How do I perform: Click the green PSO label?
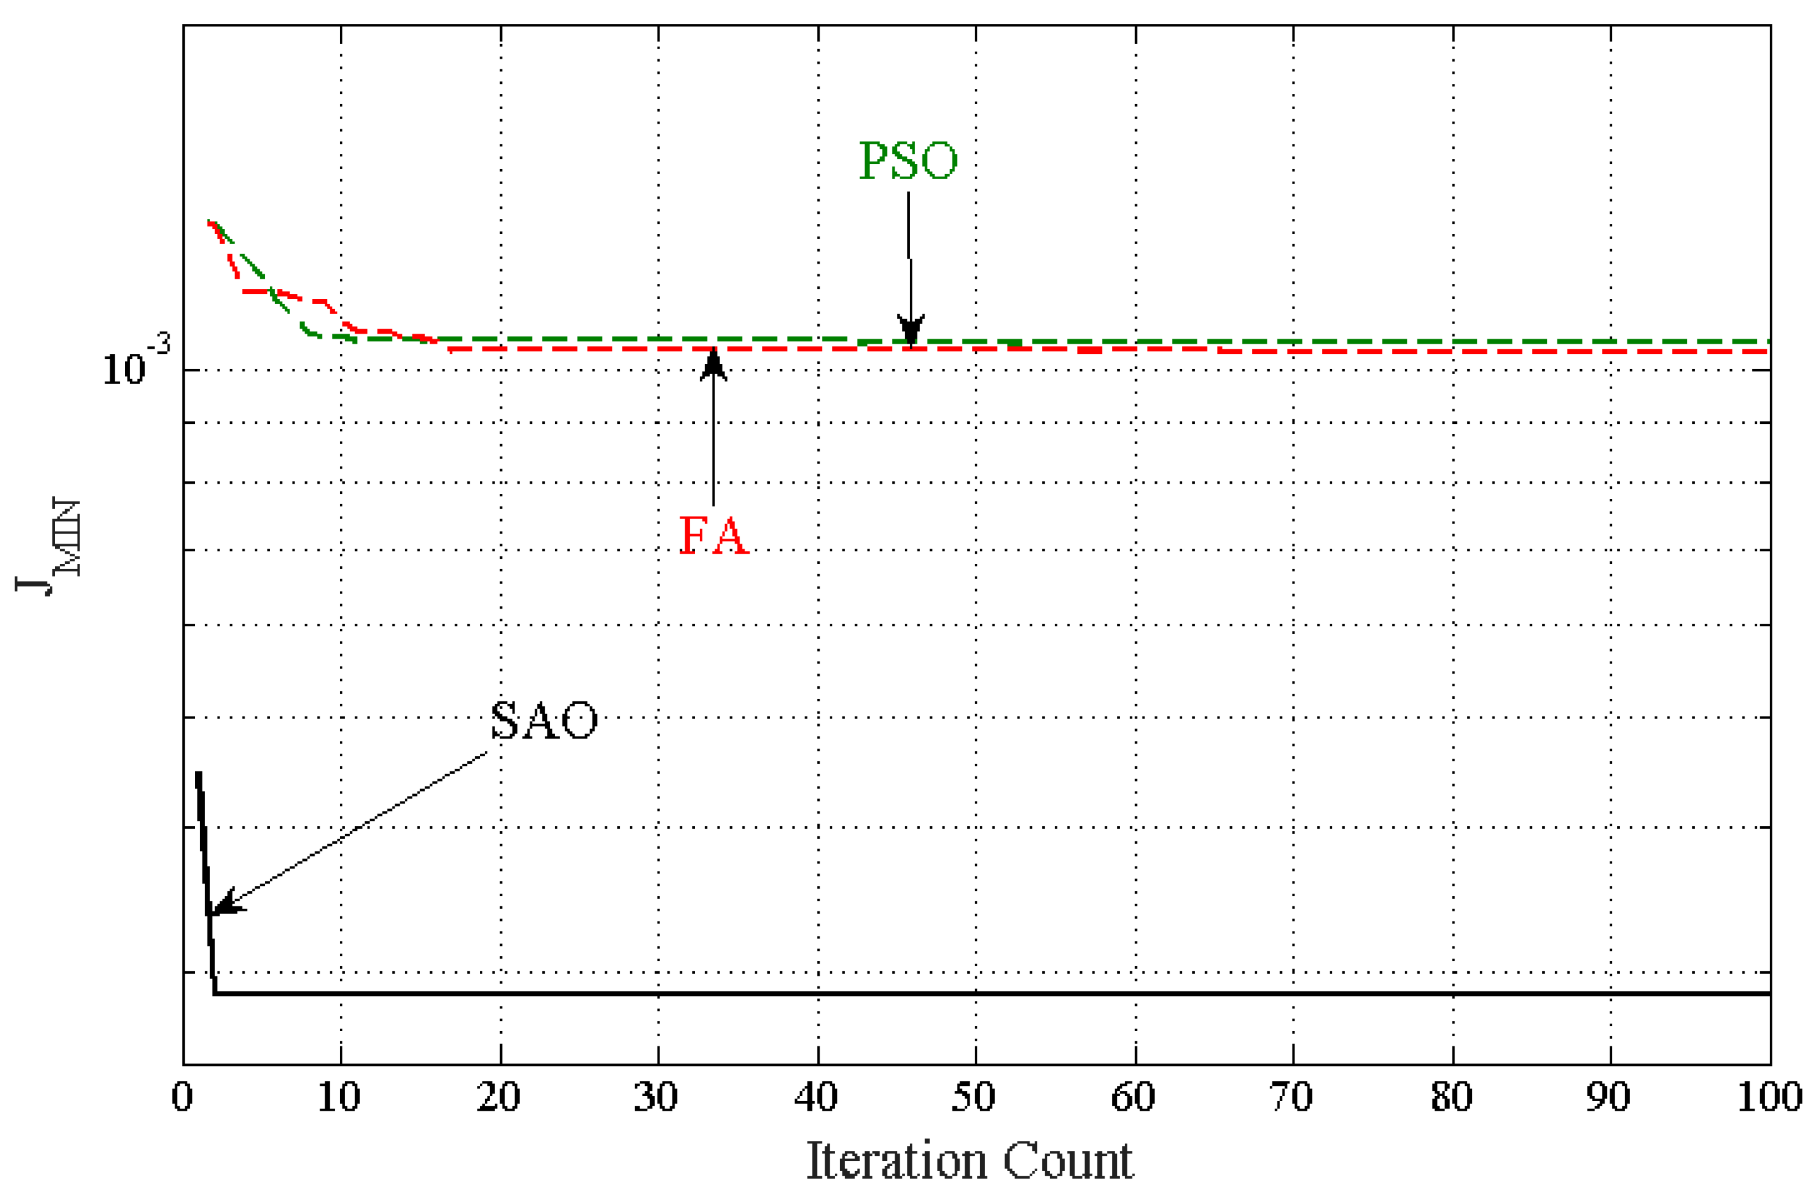click(x=908, y=161)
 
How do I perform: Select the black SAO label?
click(x=543, y=720)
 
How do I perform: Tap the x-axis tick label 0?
click(x=182, y=1097)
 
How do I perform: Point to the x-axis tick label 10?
click(x=339, y=1097)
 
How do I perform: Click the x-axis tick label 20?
click(x=498, y=1097)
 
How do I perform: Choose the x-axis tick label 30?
click(x=656, y=1097)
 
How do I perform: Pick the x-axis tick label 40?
click(x=817, y=1097)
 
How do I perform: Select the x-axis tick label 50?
click(x=973, y=1097)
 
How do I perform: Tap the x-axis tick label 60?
click(x=1134, y=1097)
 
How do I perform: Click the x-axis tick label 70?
click(x=1292, y=1097)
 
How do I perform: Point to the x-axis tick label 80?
click(x=1451, y=1097)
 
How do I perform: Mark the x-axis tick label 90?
click(x=1609, y=1097)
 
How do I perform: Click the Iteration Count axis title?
click(x=970, y=1160)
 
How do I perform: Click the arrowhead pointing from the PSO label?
click(x=910, y=331)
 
